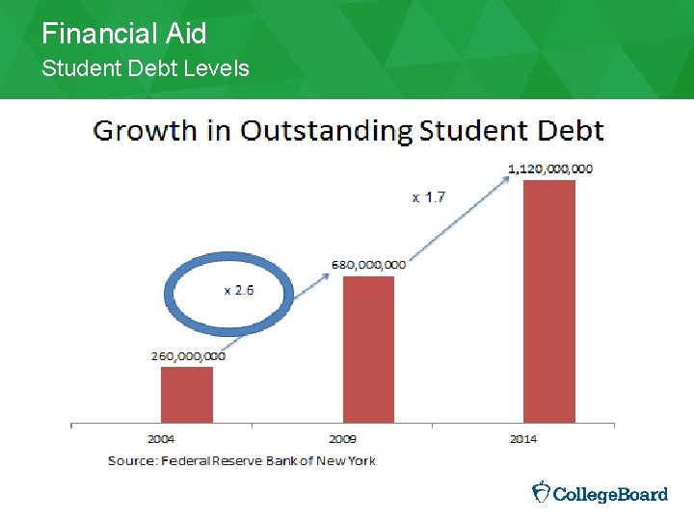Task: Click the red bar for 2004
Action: click(187, 394)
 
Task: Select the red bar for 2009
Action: click(368, 349)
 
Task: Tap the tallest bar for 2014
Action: click(548, 300)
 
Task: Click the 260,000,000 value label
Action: click(188, 355)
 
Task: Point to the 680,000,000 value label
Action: click(368, 264)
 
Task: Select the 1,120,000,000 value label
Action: click(550, 169)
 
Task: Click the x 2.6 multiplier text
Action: click(240, 290)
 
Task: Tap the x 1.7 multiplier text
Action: click(429, 197)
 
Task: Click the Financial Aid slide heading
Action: click(123, 35)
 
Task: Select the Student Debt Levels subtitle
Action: click(145, 68)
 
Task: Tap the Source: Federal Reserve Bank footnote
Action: click(241, 460)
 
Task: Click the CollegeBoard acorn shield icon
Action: click(542, 492)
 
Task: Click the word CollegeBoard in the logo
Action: click(611, 494)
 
